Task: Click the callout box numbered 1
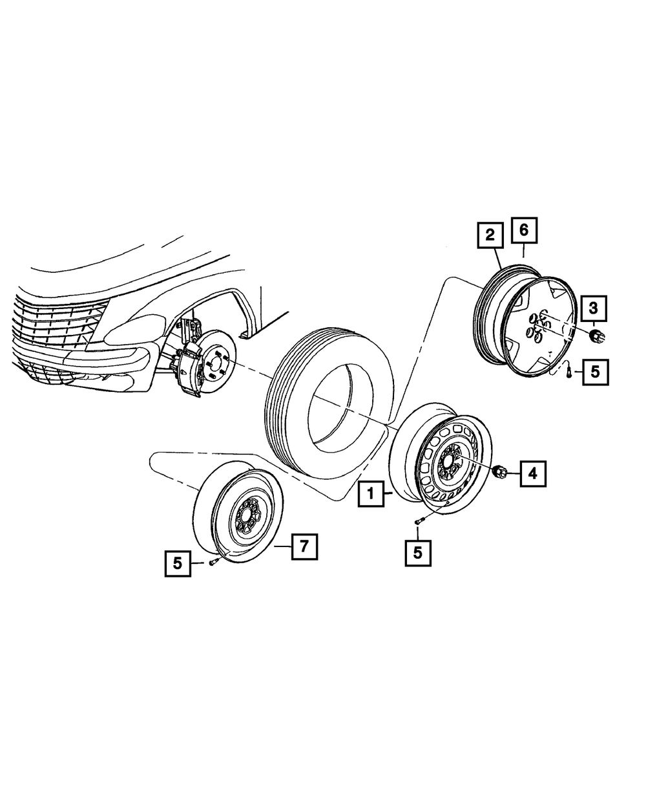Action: click(x=371, y=495)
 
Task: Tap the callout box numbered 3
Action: click(x=594, y=308)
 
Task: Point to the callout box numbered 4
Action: click(x=532, y=474)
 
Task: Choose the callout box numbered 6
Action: click(x=524, y=229)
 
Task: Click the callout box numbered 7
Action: click(x=304, y=546)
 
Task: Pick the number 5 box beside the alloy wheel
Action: click(x=595, y=372)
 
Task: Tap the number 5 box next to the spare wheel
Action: click(x=177, y=563)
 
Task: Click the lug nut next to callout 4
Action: click(x=499, y=472)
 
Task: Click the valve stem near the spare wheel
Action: click(x=213, y=563)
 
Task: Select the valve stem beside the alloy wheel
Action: click(x=567, y=373)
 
